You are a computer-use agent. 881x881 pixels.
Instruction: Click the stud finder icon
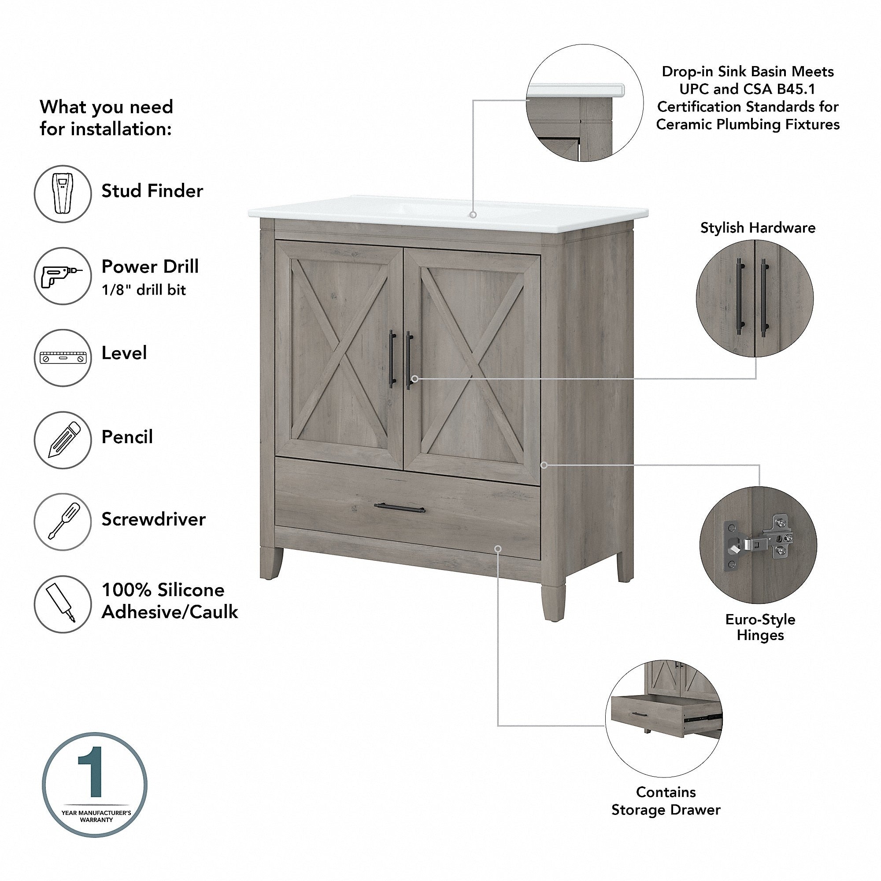coord(63,194)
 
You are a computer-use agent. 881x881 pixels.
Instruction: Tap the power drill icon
coord(63,276)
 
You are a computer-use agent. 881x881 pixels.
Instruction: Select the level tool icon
coord(63,358)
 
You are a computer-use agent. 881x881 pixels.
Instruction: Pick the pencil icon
coord(63,440)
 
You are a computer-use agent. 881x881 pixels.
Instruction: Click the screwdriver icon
coord(63,522)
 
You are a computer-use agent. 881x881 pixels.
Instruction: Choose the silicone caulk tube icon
coord(63,604)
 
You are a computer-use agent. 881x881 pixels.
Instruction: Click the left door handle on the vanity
coord(391,359)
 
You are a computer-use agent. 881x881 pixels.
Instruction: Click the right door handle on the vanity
coord(409,360)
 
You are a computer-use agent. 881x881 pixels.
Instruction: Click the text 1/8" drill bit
coord(144,290)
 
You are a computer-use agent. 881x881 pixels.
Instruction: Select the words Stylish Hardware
coord(757,228)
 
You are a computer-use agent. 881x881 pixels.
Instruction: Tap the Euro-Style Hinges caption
coord(760,627)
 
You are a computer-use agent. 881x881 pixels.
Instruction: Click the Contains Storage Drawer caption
coord(666,801)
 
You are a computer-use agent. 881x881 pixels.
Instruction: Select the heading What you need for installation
coord(106,118)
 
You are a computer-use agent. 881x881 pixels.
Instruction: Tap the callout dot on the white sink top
coord(474,215)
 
